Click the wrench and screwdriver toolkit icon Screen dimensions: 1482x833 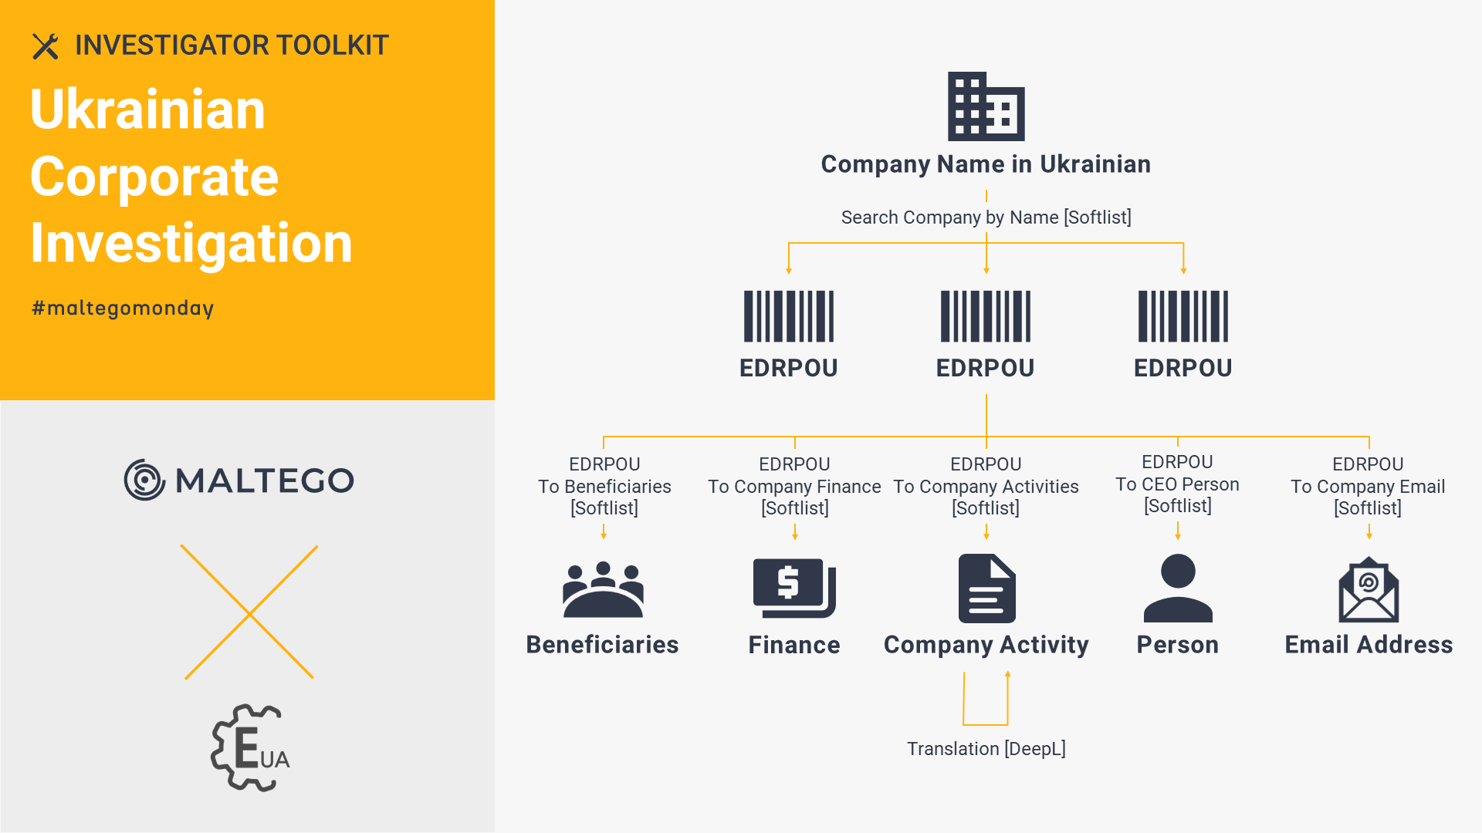pyautogui.click(x=46, y=46)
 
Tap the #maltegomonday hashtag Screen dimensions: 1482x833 pyautogui.click(x=123, y=309)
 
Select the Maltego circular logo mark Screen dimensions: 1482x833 pyautogui.click(x=144, y=480)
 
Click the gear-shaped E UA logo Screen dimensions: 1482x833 pyautogui.click(x=250, y=747)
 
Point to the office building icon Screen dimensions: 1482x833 pyautogui.click(x=986, y=106)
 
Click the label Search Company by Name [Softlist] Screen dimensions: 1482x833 pyautogui.click(x=986, y=218)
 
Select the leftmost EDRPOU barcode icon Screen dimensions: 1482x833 pyautogui.click(x=789, y=316)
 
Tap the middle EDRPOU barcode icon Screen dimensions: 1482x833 pyautogui.click(x=986, y=316)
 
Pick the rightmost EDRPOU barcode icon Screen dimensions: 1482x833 pyautogui.click(x=1183, y=316)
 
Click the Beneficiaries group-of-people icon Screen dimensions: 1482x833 pyautogui.click(x=603, y=589)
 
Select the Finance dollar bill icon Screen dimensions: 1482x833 pyautogui.click(x=794, y=588)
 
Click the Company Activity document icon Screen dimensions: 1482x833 pyautogui.click(x=986, y=588)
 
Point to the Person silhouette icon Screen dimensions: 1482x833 pyautogui.click(x=1178, y=588)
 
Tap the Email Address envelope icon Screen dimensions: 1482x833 pyautogui.click(x=1369, y=589)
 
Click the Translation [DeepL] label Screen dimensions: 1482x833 pyautogui.click(x=986, y=749)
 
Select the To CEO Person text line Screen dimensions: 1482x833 pyautogui.click(x=1177, y=484)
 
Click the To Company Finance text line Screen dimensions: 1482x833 pyautogui.click(x=794, y=487)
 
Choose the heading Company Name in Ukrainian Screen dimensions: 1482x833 pyautogui.click(x=986, y=164)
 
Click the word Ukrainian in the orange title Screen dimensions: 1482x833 pyautogui.click(x=147, y=110)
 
